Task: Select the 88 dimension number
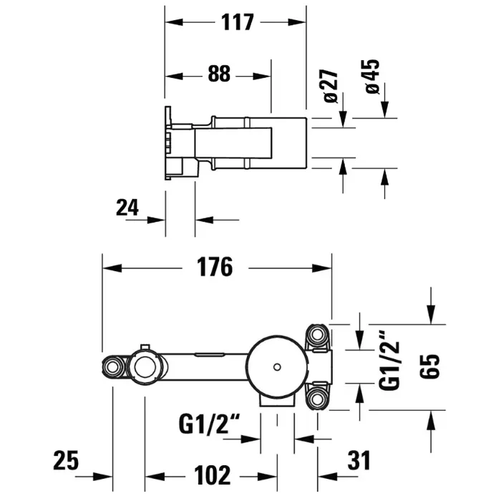click(x=220, y=74)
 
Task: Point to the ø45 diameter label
click(x=371, y=75)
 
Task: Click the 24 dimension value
click(x=127, y=208)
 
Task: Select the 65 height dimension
click(x=429, y=369)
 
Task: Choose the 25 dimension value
click(x=66, y=460)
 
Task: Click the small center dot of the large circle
click(x=276, y=368)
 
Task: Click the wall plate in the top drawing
click(x=170, y=143)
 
